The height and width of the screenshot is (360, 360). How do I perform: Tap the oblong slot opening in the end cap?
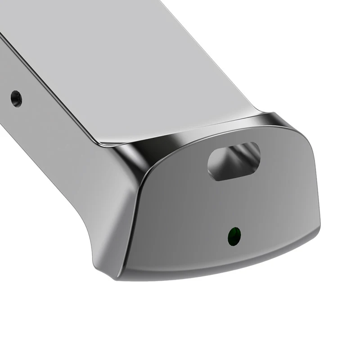234,161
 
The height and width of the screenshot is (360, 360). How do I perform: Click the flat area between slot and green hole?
234,202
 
